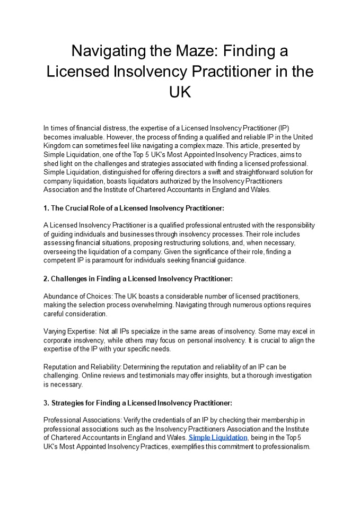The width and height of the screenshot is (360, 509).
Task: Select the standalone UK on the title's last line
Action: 180,92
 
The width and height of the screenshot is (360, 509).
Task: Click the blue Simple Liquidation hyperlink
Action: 218,437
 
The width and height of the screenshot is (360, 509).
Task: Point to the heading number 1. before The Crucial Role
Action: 47,208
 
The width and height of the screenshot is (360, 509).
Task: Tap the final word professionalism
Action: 282,446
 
